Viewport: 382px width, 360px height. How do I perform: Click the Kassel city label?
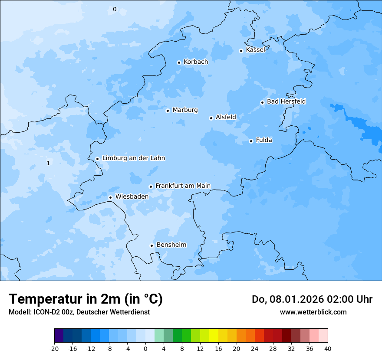coord(255,50)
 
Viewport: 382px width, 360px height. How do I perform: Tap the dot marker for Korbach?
coord(179,62)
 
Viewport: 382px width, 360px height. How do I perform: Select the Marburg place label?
coord(185,110)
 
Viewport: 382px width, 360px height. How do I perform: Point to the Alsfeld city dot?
coord(211,118)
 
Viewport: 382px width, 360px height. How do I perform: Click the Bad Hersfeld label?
coord(286,101)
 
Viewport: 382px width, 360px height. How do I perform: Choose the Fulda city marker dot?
coord(251,141)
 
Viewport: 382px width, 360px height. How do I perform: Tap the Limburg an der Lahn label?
coord(133,158)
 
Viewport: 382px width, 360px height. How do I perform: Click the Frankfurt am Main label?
coord(183,186)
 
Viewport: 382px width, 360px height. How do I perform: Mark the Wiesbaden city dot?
coord(110,197)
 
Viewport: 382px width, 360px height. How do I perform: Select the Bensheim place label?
coord(171,245)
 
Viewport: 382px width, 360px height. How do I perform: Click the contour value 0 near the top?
coord(115,9)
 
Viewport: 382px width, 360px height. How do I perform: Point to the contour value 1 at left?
coord(48,163)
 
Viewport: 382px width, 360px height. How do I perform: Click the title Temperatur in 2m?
coord(86,299)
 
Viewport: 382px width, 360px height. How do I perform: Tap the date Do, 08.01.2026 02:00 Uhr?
coord(312,299)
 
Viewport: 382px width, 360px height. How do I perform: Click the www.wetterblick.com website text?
coord(313,312)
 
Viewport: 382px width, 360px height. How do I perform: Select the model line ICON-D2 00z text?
coord(79,312)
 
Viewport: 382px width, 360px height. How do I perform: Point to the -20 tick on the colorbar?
coord(54,348)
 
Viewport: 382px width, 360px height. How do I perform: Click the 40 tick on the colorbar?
coord(328,348)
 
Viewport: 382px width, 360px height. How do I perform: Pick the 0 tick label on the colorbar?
coord(145,348)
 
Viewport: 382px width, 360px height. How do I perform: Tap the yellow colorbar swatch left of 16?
coord(214,336)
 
